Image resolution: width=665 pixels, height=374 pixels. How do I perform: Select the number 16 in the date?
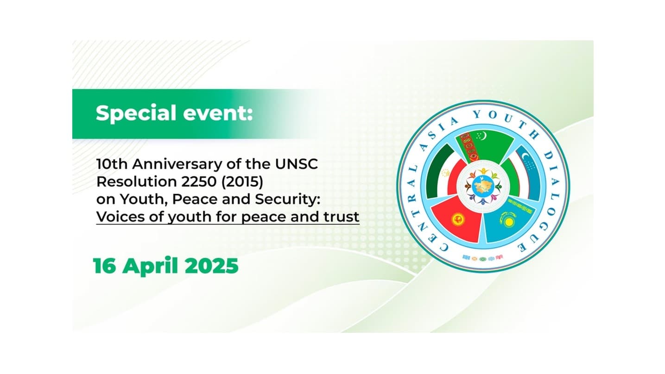[x=104, y=266]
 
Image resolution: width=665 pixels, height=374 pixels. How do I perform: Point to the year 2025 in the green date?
[x=212, y=266]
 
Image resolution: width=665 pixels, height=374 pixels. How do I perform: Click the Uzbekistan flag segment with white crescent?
[x=528, y=171]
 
